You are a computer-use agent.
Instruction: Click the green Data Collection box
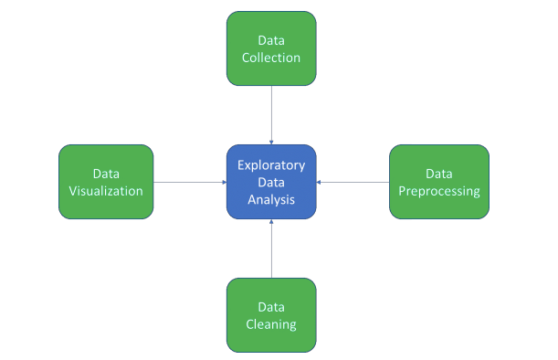coord(271,48)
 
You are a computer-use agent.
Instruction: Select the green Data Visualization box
coord(106,182)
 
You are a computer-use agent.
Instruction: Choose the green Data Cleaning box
coord(271,315)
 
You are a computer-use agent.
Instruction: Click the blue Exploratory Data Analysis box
coord(271,182)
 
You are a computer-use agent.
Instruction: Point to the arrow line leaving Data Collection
coord(271,114)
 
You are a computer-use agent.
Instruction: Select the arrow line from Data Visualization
coord(189,182)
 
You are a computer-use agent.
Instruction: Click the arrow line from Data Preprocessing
coord(353,182)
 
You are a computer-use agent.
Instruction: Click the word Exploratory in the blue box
coord(271,165)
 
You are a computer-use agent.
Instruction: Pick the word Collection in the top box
coord(271,58)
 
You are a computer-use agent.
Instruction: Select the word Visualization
coord(106,191)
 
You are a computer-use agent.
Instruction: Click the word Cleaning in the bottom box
coord(271,324)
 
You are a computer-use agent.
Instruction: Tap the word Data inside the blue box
coord(271,182)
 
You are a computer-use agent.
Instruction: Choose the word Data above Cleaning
coord(271,307)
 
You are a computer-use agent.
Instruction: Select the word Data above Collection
coord(271,40)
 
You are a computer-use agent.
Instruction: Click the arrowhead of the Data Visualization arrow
coord(224,182)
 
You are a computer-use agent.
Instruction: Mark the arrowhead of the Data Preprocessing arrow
coord(320,182)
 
